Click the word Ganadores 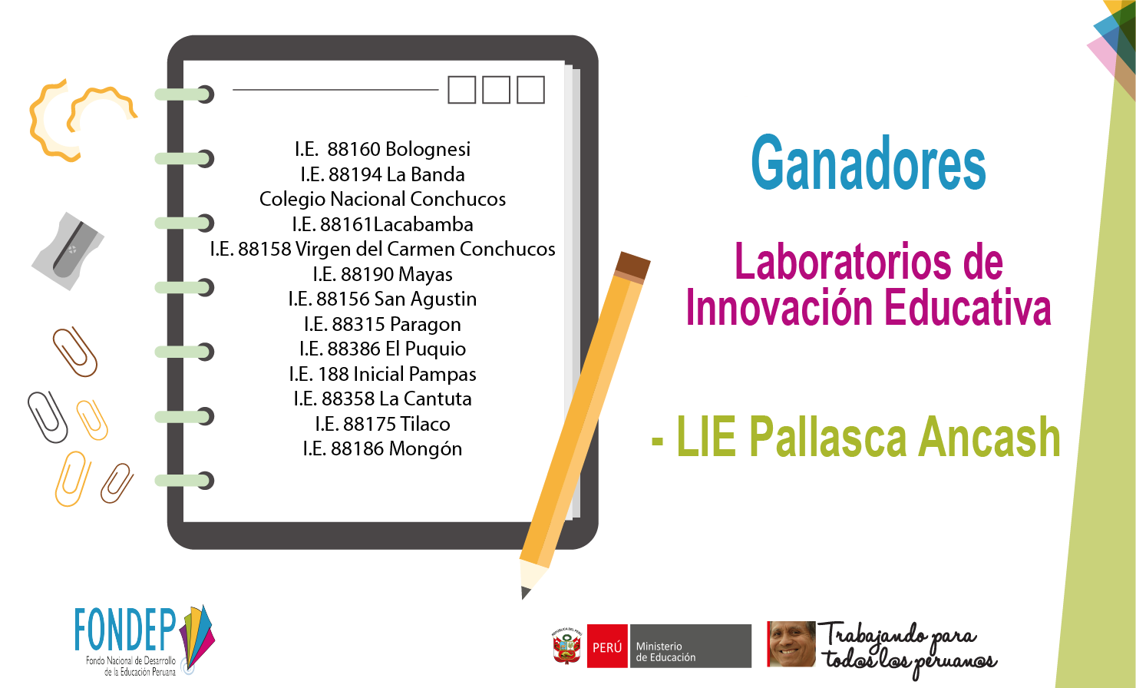click(868, 164)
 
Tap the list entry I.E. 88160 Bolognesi click(382, 149)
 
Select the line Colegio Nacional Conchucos click(382, 199)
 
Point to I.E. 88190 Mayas click(382, 274)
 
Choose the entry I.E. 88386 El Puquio click(382, 349)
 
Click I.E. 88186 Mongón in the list click(382, 448)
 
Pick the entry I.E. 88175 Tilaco click(382, 424)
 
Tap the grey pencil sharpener click(68, 250)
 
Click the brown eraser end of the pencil click(633, 266)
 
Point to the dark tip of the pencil click(525, 592)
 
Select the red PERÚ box click(607, 646)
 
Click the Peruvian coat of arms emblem click(567, 646)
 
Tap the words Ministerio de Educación click(665, 652)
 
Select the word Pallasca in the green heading click(827, 437)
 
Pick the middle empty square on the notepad click(496, 90)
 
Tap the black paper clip click(47, 417)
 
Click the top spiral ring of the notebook click(184, 94)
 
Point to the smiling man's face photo click(792, 644)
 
